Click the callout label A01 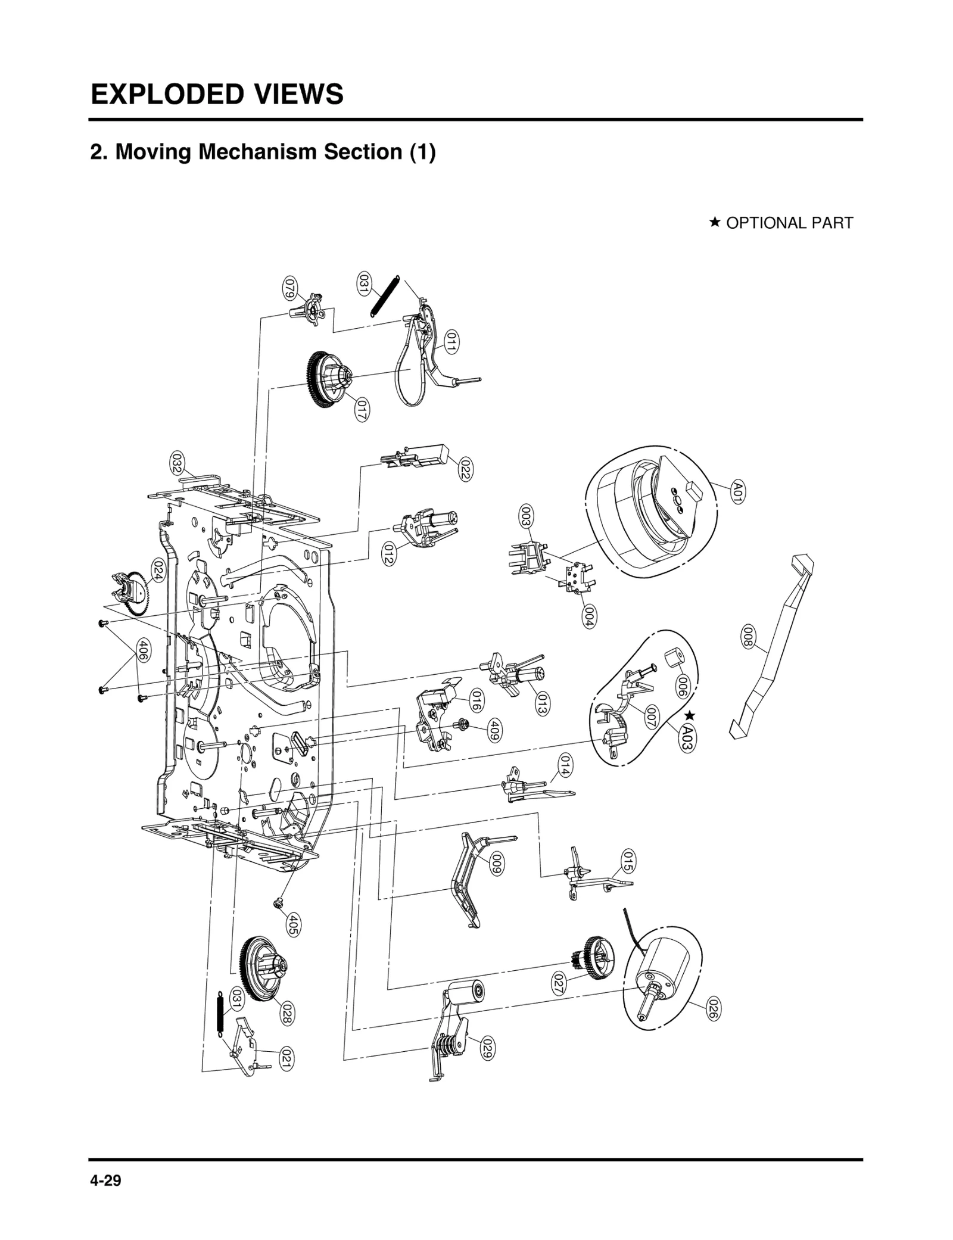tap(737, 493)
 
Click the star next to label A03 tap(690, 715)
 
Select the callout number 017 tap(361, 410)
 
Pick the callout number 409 tap(493, 730)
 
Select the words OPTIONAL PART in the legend tap(789, 223)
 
